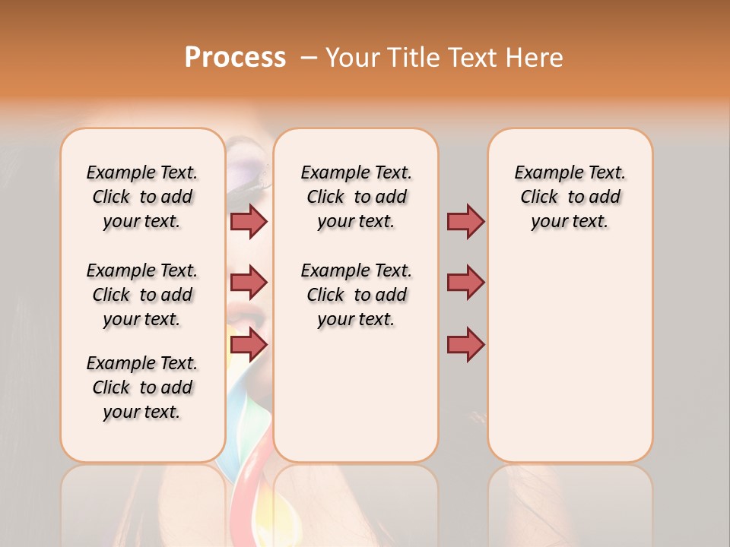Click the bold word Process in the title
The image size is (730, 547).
pyautogui.click(x=235, y=57)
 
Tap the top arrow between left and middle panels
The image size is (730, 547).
pyautogui.click(x=249, y=221)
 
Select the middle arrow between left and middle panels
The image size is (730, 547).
pyautogui.click(x=249, y=283)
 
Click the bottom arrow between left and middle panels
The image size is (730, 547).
pyautogui.click(x=249, y=345)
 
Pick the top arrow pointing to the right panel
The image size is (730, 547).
pyautogui.click(x=465, y=221)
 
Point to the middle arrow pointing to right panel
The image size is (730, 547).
pyautogui.click(x=465, y=283)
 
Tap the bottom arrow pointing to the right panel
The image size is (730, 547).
pyautogui.click(x=465, y=345)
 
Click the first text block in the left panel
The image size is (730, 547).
pyautogui.click(x=142, y=197)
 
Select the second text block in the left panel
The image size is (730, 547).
pyautogui.click(x=142, y=295)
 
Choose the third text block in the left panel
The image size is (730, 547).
pyautogui.click(x=142, y=387)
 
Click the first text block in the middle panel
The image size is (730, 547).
pyautogui.click(x=356, y=197)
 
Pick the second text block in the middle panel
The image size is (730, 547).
pyautogui.click(x=356, y=295)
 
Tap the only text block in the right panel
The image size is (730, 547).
pyautogui.click(x=570, y=197)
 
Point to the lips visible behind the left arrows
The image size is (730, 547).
pyautogui.click(x=247, y=311)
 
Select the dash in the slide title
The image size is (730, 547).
pyautogui.click(x=309, y=58)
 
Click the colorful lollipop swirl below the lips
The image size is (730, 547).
pyautogui.click(x=247, y=456)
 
